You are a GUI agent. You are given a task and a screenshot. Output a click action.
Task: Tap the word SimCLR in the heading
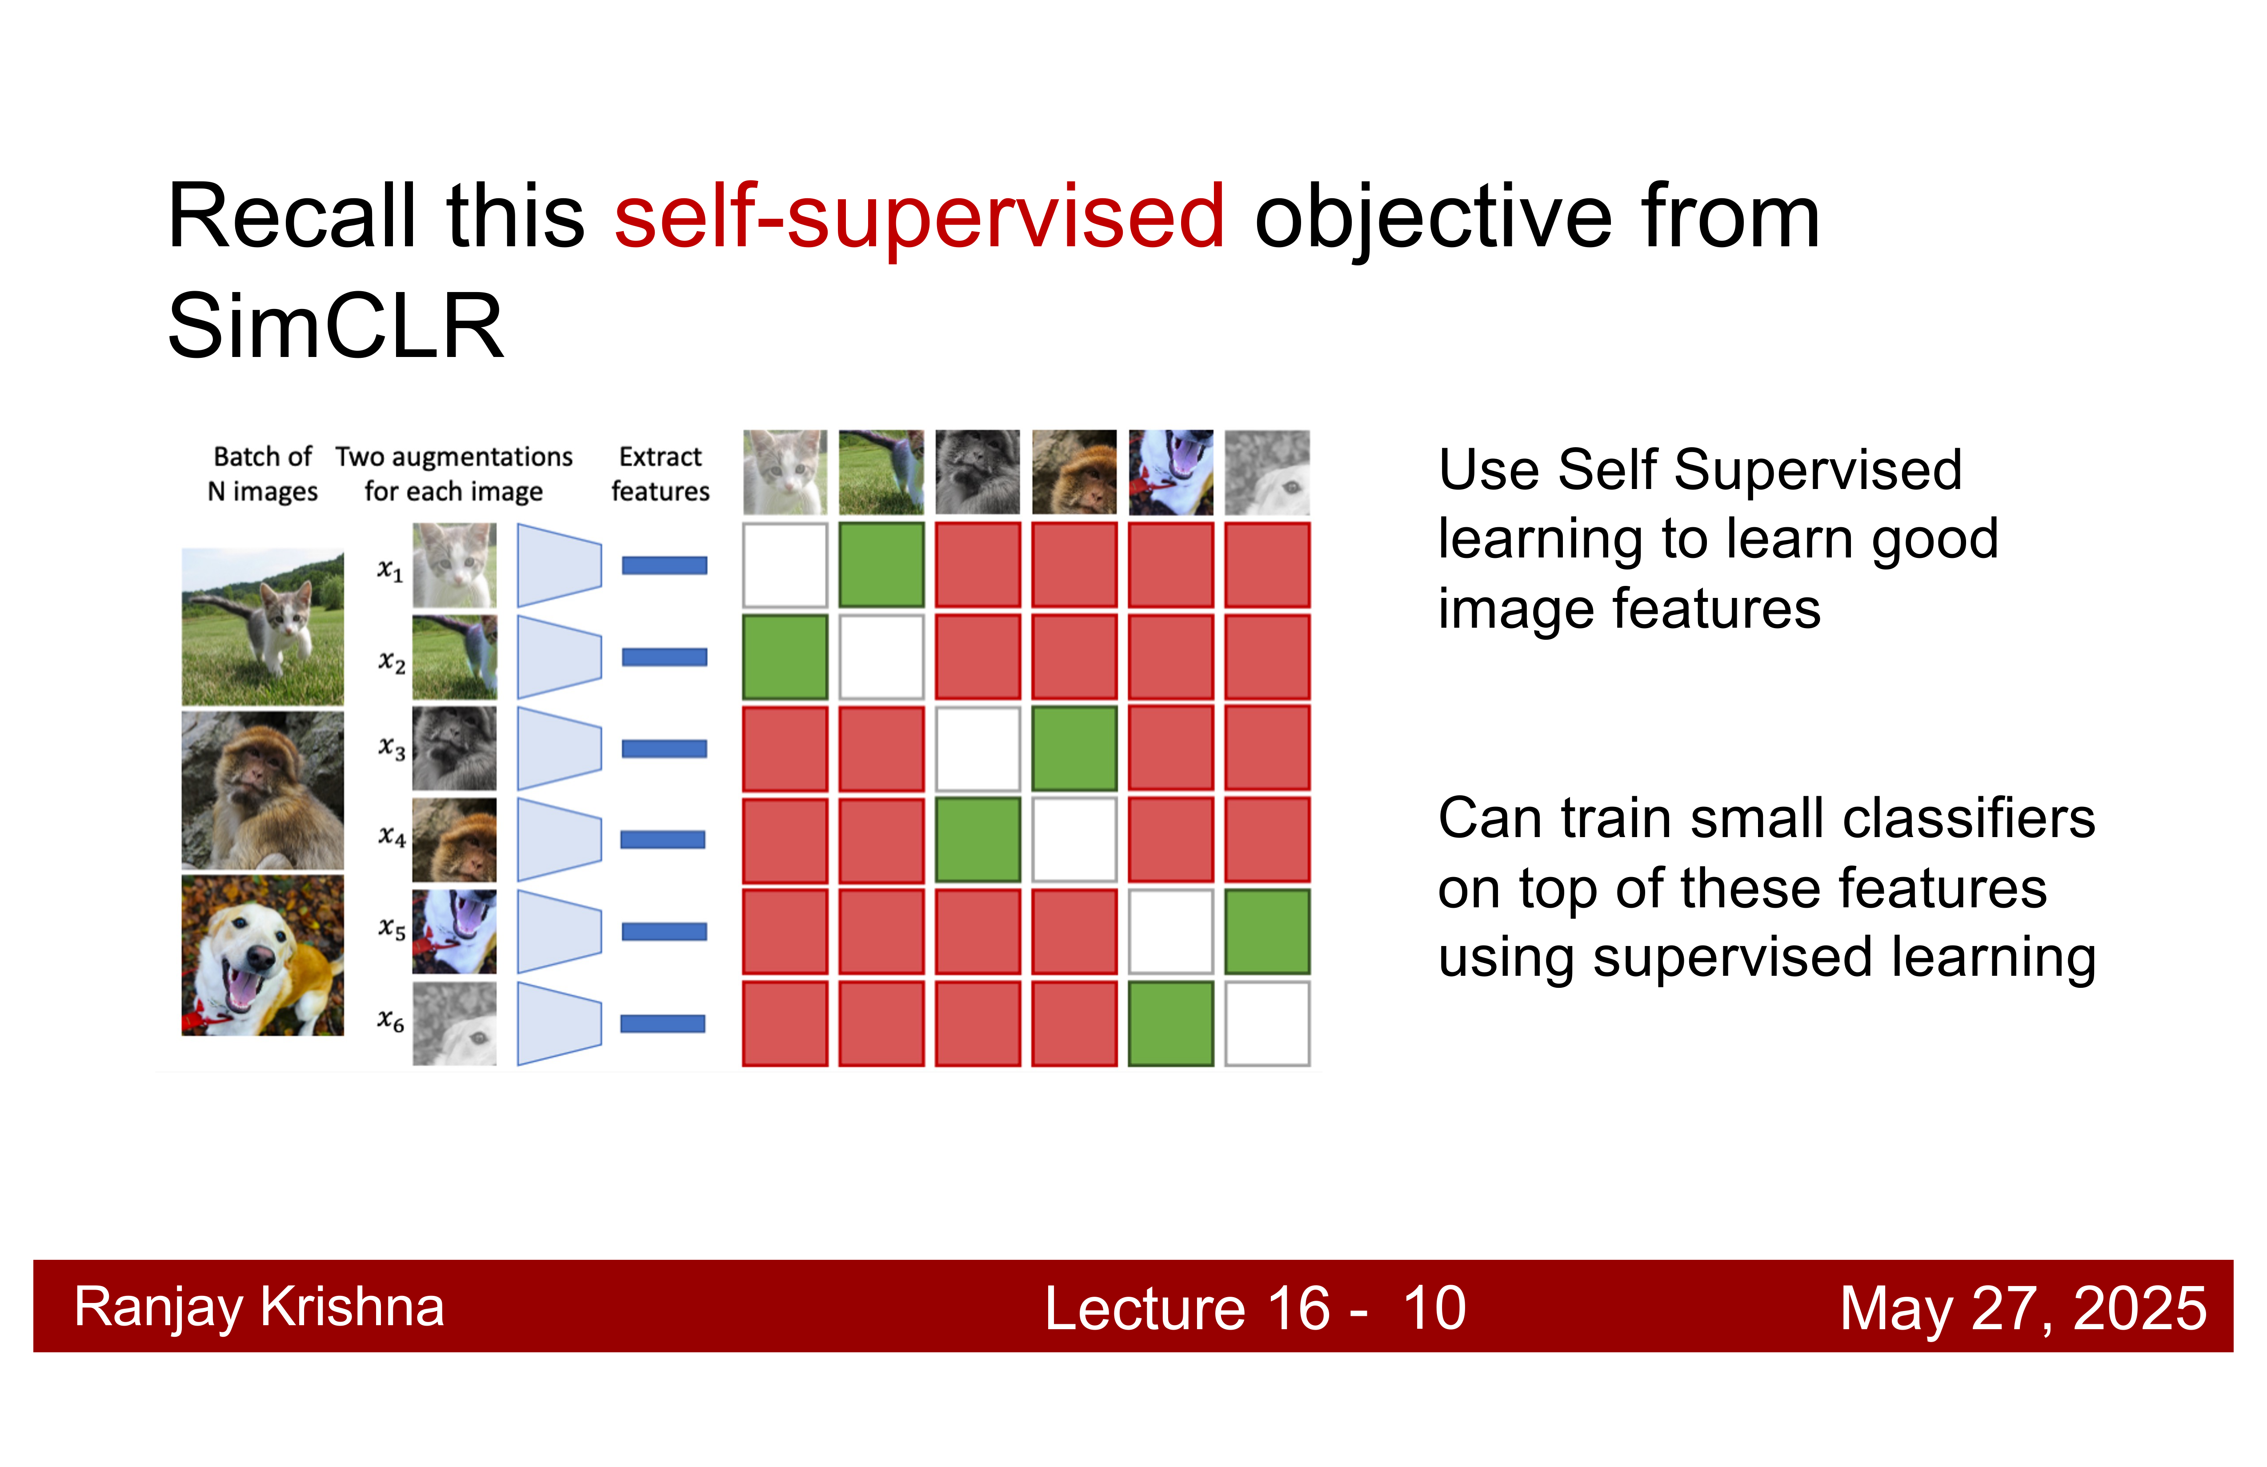(335, 327)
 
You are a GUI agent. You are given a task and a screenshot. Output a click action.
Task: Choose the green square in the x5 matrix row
(1267, 932)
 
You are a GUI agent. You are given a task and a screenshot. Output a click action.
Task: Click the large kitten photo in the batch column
(263, 627)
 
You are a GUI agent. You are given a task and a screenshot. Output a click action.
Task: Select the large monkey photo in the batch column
(263, 791)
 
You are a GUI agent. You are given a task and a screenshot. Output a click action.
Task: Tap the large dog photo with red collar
(263, 955)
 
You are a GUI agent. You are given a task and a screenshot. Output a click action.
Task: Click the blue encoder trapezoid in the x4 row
(559, 839)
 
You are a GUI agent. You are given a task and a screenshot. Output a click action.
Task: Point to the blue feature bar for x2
(664, 656)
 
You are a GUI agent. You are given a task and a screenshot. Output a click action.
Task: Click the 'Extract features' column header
(660, 473)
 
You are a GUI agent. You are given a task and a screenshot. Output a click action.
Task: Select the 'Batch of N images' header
(263, 473)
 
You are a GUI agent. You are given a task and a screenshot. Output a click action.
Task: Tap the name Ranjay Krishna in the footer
(259, 1307)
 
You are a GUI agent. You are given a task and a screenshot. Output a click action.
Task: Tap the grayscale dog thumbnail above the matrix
(1267, 473)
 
